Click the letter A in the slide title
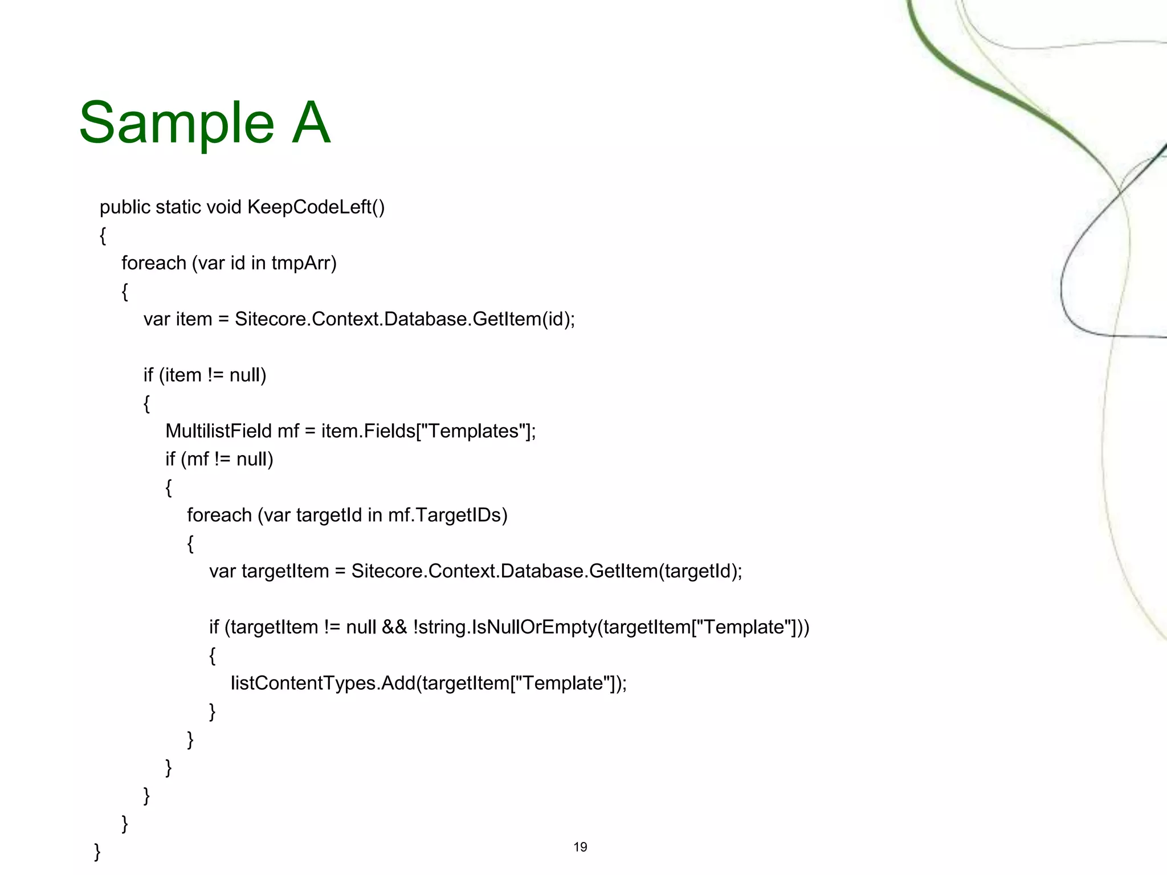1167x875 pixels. click(311, 123)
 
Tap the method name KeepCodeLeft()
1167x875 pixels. click(316, 207)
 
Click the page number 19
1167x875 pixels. click(580, 847)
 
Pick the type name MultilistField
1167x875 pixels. click(218, 431)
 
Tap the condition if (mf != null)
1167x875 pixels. click(219, 459)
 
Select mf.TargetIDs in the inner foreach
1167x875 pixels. click(447, 515)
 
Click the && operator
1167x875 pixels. click(394, 627)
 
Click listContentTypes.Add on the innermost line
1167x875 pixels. click(323, 683)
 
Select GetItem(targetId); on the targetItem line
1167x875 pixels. click(666, 571)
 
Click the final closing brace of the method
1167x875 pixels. click(97, 852)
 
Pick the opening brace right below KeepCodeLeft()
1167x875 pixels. click(103, 236)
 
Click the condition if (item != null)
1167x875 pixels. click(205, 375)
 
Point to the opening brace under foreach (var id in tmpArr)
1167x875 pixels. click(125, 292)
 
